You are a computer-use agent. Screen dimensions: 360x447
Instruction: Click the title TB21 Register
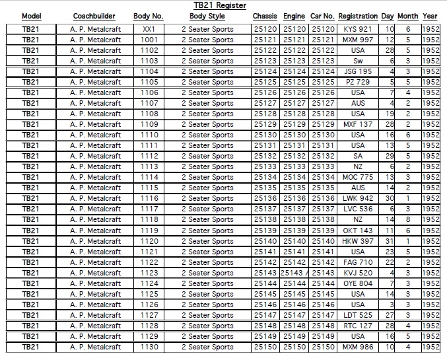(215, 5)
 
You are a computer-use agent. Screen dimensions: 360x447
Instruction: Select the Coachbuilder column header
(94, 16)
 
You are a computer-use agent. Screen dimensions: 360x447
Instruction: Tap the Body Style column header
(207, 16)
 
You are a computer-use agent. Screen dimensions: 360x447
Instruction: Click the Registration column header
(357, 16)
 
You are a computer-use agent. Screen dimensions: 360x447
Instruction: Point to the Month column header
(407, 16)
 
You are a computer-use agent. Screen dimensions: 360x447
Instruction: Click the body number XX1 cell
(149, 29)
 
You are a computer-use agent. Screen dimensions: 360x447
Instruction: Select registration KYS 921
(357, 29)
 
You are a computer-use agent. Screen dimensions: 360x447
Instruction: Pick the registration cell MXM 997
(357, 40)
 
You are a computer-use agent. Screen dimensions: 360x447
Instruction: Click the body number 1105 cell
(149, 82)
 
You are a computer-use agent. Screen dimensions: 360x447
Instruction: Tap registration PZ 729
(357, 82)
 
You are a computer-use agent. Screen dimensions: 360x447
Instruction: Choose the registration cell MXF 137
(357, 124)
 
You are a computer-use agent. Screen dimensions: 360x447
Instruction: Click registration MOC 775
(357, 177)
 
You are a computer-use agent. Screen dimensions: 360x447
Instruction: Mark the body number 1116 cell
(149, 198)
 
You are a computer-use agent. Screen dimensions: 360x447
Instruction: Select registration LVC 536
(357, 209)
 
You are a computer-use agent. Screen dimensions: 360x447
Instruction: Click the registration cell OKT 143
(357, 230)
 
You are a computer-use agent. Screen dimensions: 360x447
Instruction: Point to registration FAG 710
(357, 262)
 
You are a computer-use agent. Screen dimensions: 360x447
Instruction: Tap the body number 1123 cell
(149, 273)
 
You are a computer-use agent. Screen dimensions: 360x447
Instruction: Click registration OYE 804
(357, 283)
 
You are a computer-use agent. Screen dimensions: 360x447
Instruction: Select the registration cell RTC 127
(357, 326)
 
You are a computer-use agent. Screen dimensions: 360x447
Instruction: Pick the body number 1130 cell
(149, 347)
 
